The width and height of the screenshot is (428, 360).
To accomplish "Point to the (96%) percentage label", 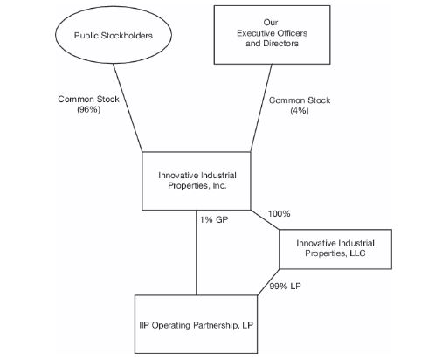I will coord(88,111).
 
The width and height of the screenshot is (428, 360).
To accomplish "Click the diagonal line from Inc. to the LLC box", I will coord(266,221).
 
